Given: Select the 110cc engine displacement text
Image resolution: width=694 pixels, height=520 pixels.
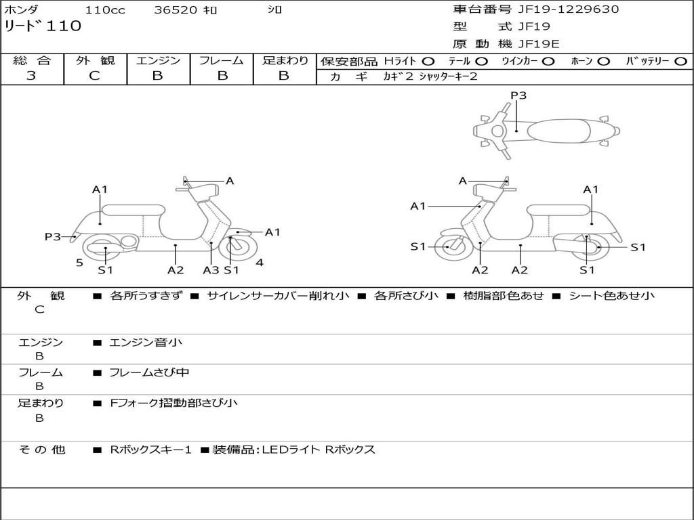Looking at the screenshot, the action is [100, 9].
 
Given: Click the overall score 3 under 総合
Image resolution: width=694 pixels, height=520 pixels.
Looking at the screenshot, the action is [31, 76].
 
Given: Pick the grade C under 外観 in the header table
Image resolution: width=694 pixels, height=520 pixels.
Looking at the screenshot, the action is [95, 76].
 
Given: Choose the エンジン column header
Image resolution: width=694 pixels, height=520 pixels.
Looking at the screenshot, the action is [158, 61].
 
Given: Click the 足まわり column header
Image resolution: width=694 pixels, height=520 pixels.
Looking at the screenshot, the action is [285, 61].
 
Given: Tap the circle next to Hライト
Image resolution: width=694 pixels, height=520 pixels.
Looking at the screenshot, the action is [428, 62].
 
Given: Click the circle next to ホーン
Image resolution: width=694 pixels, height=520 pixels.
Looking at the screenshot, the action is [603, 62].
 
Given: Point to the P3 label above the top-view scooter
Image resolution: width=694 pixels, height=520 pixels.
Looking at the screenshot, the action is [518, 95].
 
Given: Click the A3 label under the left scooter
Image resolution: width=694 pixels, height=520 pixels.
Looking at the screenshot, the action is [211, 270].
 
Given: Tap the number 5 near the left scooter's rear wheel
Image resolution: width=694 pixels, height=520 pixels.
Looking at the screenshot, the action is [79, 263].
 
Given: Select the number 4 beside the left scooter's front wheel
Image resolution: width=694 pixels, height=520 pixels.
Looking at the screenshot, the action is [260, 263].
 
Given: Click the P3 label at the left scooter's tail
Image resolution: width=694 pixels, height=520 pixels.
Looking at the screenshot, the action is [53, 236].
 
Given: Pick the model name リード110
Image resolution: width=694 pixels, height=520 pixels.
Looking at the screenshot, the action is [43, 26].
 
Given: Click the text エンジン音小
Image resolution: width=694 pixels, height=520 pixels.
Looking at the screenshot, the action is [146, 343].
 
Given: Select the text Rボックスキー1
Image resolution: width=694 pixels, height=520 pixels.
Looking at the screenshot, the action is [150, 450].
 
